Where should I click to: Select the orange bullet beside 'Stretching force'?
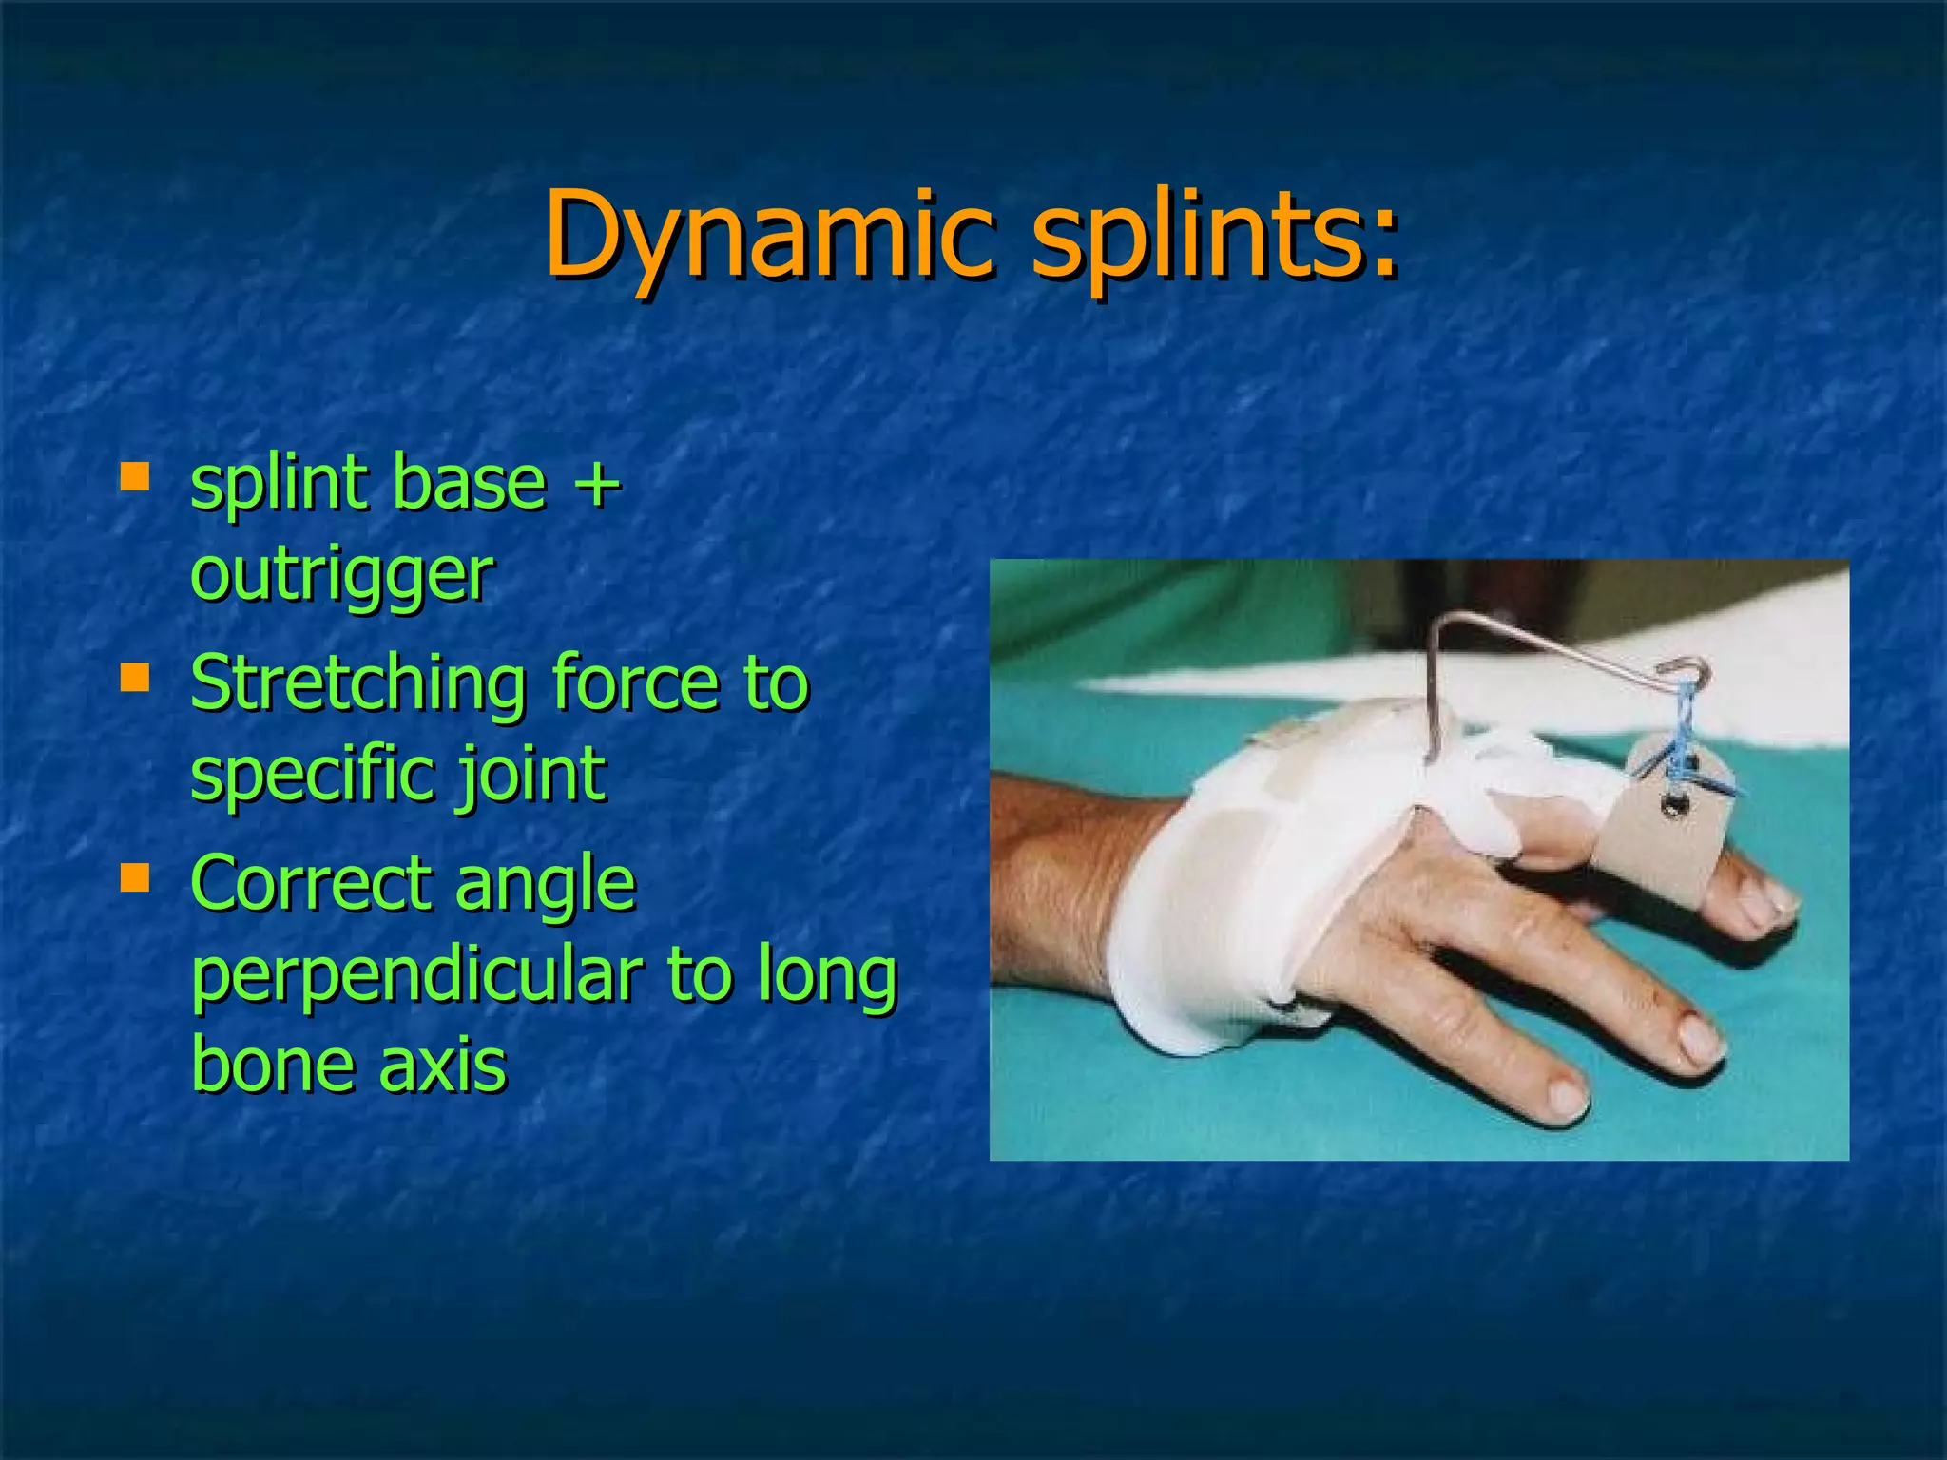(135, 677)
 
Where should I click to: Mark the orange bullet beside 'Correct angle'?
(135, 878)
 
